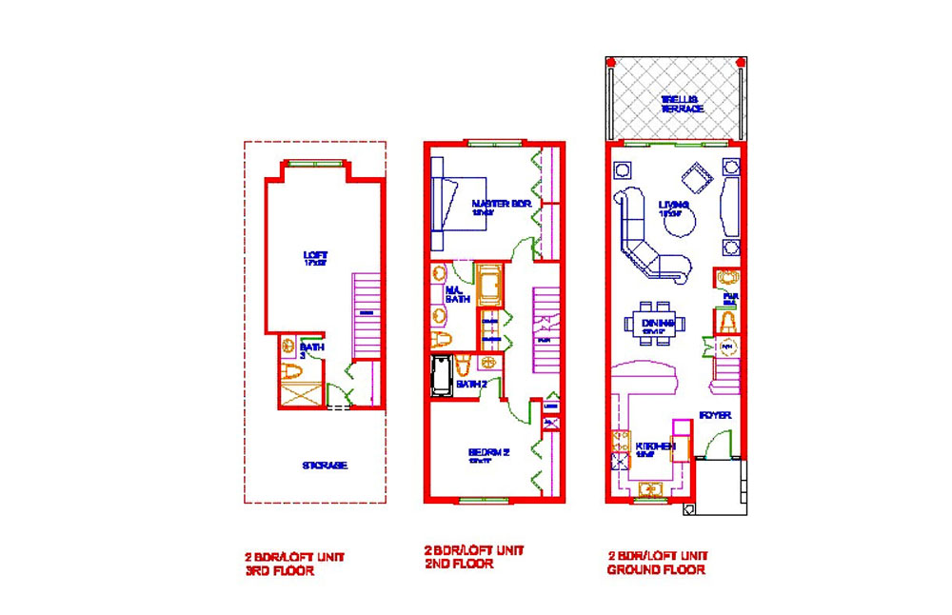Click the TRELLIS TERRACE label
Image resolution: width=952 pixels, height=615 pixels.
coord(683,104)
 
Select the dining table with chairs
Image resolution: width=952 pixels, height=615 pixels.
coord(655,321)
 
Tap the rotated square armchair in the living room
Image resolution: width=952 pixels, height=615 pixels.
coord(696,178)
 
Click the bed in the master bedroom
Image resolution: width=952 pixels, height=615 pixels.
coord(460,202)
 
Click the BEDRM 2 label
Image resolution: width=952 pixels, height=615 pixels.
coord(489,454)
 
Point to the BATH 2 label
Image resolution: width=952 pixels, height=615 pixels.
coord(472,385)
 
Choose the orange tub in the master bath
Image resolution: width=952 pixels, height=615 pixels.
coord(488,285)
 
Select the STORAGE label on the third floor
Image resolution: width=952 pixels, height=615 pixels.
coord(325,466)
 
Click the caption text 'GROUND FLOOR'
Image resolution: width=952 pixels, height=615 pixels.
coord(656,570)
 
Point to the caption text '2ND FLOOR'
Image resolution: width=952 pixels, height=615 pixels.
coord(459,564)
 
